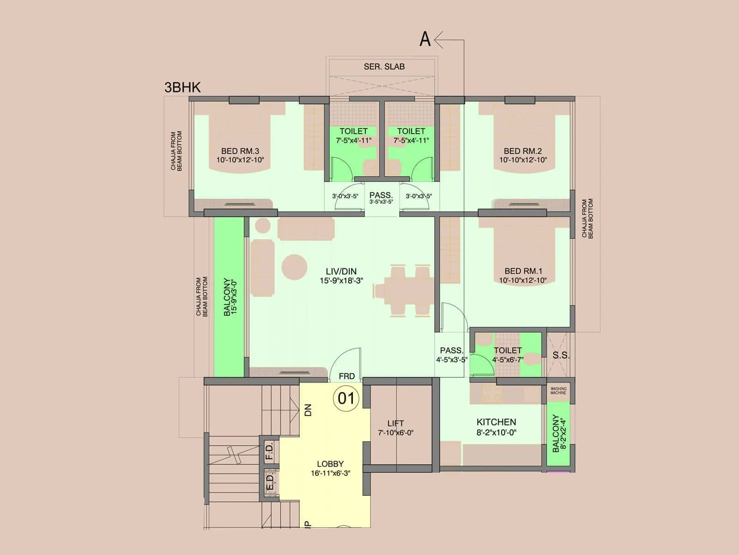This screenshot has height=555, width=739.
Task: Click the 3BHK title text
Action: tap(182, 87)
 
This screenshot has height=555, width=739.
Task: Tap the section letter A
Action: tap(425, 39)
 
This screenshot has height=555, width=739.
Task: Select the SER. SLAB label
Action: tap(384, 67)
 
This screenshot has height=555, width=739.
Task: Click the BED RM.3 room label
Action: tap(240, 151)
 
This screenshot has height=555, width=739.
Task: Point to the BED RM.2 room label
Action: tap(522, 151)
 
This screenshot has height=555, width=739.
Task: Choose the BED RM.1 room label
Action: tap(523, 271)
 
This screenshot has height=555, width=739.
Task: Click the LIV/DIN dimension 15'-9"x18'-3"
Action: tap(341, 281)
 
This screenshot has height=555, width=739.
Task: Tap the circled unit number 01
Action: tap(346, 398)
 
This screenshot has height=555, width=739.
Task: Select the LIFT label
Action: tap(395, 423)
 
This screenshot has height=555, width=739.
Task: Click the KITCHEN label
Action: tap(496, 422)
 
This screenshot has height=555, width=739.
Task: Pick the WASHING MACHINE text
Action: tap(558, 391)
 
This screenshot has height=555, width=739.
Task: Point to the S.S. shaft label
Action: tap(561, 356)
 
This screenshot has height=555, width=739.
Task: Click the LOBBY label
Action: tap(330, 464)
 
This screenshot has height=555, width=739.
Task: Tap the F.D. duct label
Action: tap(269, 450)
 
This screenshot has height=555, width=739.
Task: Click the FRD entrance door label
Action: tap(346, 376)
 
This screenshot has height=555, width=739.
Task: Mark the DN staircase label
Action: tap(309, 410)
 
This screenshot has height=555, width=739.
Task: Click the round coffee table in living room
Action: tap(294, 267)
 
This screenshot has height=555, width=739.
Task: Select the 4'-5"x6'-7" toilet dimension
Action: tap(508, 359)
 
